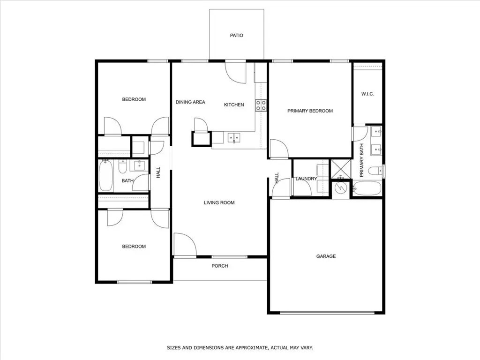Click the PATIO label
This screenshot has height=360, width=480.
pyautogui.click(x=237, y=36)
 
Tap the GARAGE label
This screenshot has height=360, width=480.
pyautogui.click(x=326, y=256)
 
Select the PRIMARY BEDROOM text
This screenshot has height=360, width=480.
pyautogui.click(x=310, y=111)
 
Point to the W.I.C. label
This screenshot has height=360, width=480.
pyautogui.click(x=367, y=94)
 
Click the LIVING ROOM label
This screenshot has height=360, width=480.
pyautogui.click(x=219, y=203)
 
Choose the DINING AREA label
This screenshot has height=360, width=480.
pyautogui.click(x=190, y=102)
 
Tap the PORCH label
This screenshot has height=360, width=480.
pyautogui.click(x=220, y=266)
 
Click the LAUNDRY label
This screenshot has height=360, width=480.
pyautogui.click(x=306, y=179)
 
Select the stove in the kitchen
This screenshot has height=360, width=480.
pyautogui.click(x=261, y=105)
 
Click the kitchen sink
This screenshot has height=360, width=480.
pyautogui.click(x=234, y=138)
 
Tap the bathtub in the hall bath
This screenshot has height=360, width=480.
pyautogui.click(x=105, y=176)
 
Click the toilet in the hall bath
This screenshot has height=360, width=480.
pyautogui.click(x=123, y=166)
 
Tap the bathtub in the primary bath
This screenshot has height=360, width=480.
pyautogui.click(x=367, y=189)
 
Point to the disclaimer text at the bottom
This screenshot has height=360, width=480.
pyautogui.click(x=240, y=348)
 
